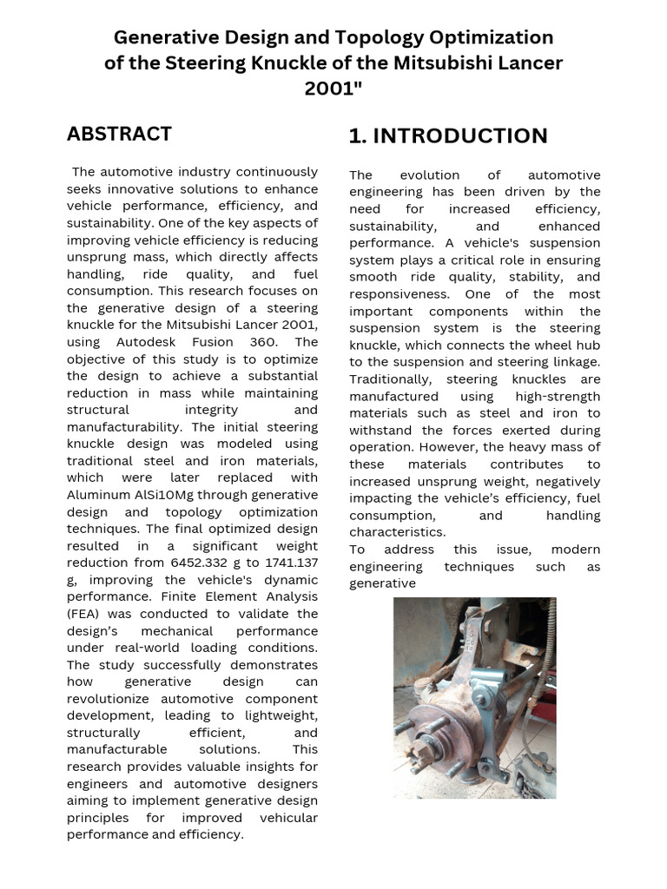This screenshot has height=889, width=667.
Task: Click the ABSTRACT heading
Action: tap(119, 134)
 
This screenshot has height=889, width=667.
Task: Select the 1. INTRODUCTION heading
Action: tap(447, 136)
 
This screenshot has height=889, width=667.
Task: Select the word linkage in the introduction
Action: tap(573, 362)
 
